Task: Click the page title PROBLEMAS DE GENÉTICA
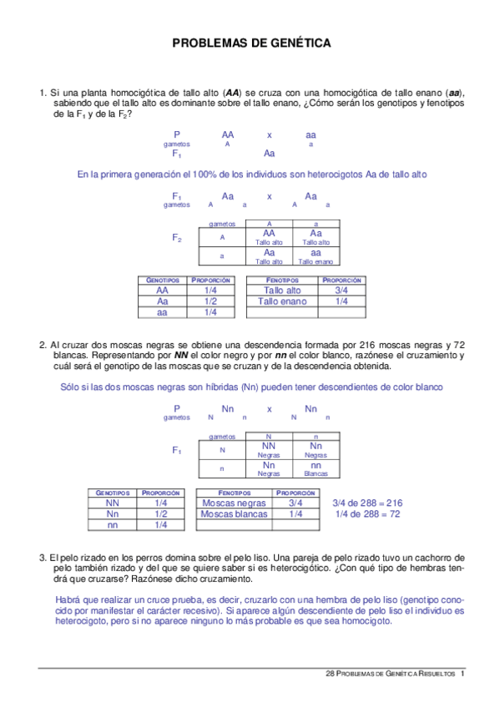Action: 250,43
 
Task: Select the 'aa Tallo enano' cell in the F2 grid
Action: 316,255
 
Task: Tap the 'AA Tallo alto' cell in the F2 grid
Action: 269,238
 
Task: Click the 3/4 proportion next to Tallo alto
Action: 341,291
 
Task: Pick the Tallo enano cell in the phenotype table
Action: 280,301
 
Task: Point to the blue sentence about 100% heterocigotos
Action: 251,174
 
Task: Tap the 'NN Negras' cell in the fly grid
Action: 269,451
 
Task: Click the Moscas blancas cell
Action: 235,514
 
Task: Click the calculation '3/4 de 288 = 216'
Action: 367,503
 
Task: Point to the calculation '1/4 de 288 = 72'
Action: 367,514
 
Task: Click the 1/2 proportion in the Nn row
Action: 161,514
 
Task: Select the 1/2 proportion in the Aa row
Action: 210,301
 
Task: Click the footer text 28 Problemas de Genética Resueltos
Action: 389,673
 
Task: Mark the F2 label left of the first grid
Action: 177,238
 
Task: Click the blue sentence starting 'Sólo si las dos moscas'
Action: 251,387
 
